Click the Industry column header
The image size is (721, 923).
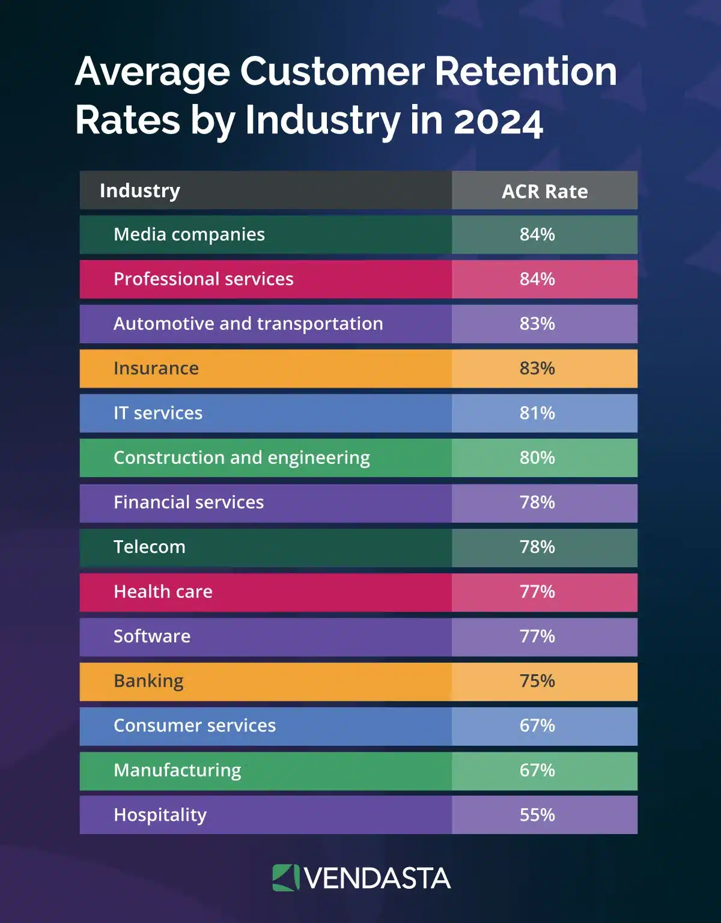139,190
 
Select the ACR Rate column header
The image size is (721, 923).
544,191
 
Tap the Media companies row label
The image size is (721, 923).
189,234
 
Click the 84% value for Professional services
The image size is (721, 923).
537,279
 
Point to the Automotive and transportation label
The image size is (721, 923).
248,323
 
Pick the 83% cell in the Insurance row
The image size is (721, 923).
537,368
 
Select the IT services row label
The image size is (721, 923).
158,413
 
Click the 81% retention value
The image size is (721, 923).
537,413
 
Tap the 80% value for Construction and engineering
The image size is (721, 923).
537,457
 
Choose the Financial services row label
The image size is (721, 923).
189,502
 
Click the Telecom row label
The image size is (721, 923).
150,547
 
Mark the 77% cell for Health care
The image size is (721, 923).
537,591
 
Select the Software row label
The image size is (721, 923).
152,636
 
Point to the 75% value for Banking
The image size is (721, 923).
537,681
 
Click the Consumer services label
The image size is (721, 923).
195,725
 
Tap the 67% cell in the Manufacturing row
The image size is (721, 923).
537,770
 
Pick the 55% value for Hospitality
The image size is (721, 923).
537,815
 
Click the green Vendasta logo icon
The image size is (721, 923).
285,877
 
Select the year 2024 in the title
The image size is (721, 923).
498,120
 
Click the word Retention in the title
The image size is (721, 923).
525,71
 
